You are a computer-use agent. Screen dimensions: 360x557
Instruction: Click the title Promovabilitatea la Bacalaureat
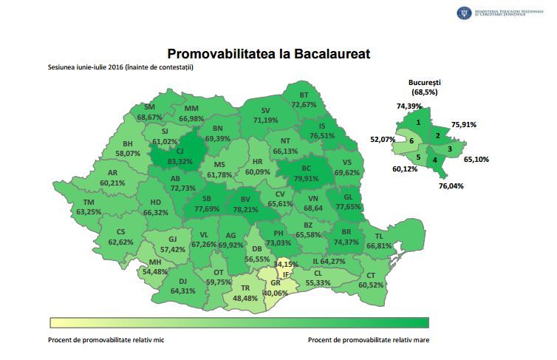click(x=268, y=54)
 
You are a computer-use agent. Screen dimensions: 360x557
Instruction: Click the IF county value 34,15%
click(x=286, y=264)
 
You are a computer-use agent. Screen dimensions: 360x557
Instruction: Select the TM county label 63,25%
click(x=89, y=212)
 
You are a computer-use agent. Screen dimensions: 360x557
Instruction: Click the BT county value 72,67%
click(x=304, y=105)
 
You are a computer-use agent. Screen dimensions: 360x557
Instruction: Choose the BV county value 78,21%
click(x=245, y=209)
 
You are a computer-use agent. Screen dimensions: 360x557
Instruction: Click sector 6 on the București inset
click(x=412, y=140)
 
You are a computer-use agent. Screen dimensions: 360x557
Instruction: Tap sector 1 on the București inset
click(x=419, y=123)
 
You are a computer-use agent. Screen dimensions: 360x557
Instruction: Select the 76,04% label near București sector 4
click(x=451, y=186)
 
